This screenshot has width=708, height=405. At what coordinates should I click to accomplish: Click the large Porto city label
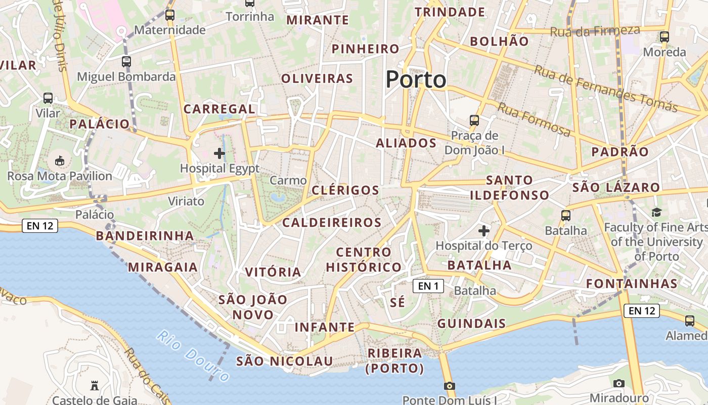pyautogui.click(x=416, y=79)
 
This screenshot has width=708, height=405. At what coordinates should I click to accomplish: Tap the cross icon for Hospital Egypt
pyautogui.click(x=219, y=153)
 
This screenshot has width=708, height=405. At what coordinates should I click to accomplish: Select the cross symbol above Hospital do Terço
pyautogui.click(x=484, y=231)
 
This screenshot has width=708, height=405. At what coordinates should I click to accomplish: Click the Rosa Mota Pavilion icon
pyautogui.click(x=60, y=161)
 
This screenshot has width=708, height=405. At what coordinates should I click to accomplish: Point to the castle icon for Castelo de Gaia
pyautogui.click(x=94, y=386)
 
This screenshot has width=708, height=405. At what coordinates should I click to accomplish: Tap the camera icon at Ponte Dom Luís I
pyautogui.click(x=449, y=386)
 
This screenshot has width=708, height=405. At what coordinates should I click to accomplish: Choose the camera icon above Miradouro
pyautogui.click(x=618, y=383)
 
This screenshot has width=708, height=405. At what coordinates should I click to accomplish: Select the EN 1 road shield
pyautogui.click(x=428, y=286)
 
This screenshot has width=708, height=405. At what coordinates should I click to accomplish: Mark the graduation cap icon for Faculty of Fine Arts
pyautogui.click(x=656, y=212)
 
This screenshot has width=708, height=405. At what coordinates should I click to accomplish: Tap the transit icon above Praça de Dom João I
pyautogui.click(x=474, y=120)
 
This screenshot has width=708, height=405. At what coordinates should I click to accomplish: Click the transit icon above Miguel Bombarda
pyautogui.click(x=126, y=62)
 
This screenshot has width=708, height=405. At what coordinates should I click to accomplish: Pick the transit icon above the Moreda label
pyautogui.click(x=665, y=36)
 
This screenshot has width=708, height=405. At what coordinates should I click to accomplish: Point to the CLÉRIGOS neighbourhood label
pyautogui.click(x=345, y=190)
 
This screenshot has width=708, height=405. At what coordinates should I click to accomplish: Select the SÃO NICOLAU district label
pyautogui.click(x=285, y=361)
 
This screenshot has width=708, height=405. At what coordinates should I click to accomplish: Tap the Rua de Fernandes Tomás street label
pyautogui.click(x=605, y=89)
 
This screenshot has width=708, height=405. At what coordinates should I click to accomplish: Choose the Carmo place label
pyautogui.click(x=288, y=180)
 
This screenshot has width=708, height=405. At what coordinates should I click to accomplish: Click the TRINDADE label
pyautogui.click(x=450, y=12)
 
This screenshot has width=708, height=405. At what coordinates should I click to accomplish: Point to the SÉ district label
pyautogui.click(x=397, y=302)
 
